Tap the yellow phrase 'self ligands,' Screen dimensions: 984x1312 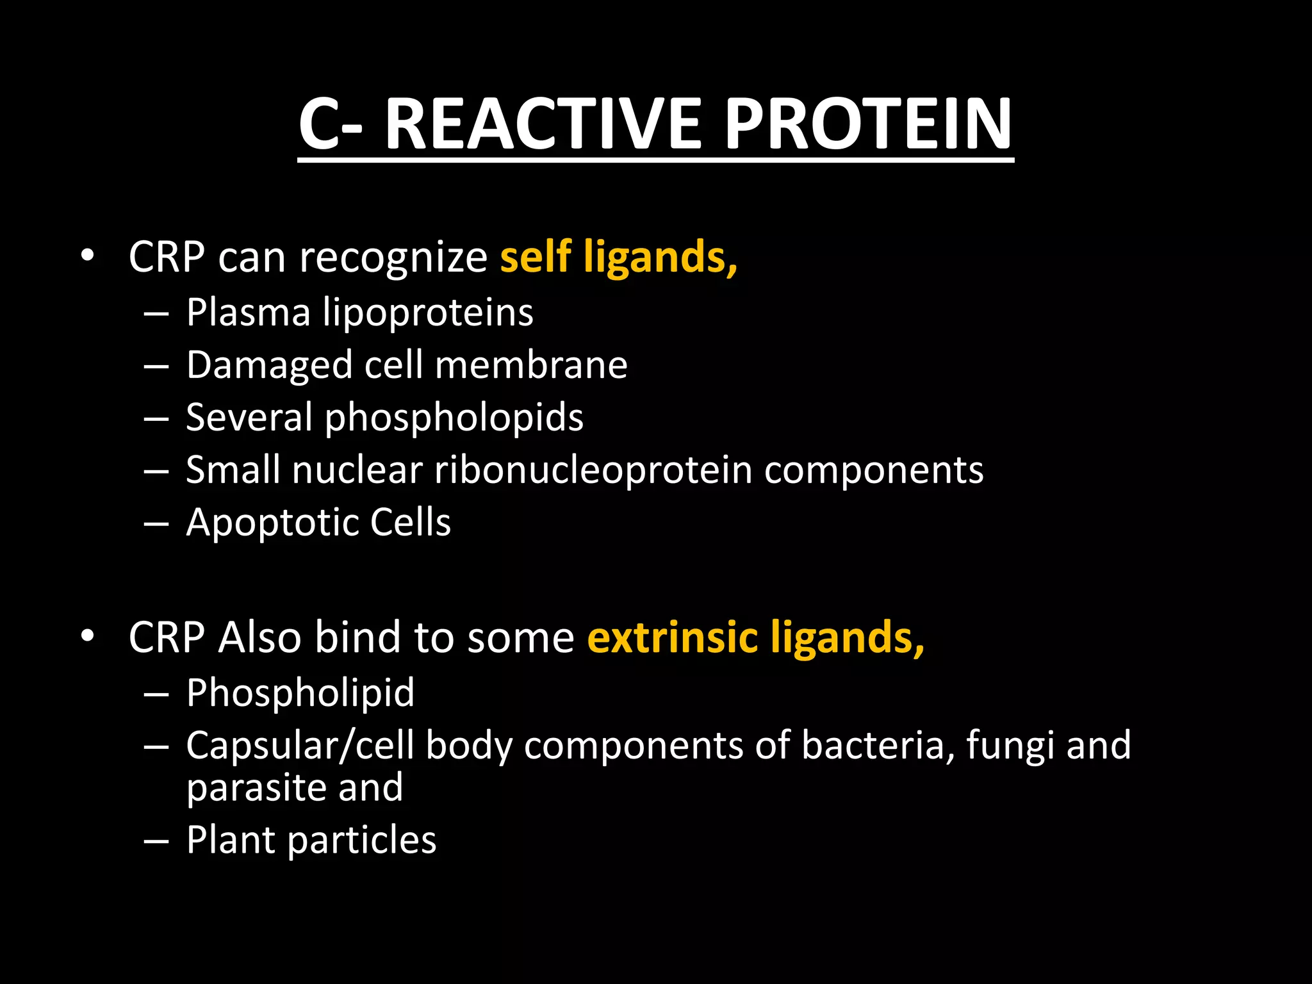[x=618, y=257]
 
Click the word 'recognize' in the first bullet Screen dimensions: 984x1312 [x=393, y=258]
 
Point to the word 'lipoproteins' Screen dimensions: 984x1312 [x=427, y=313]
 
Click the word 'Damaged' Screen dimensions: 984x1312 [x=269, y=366]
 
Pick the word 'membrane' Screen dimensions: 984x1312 [x=531, y=365]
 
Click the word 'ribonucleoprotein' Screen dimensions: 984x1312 [x=593, y=470]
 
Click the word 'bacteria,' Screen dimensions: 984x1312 [x=877, y=746]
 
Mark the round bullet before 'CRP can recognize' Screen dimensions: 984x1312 [x=88, y=257]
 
